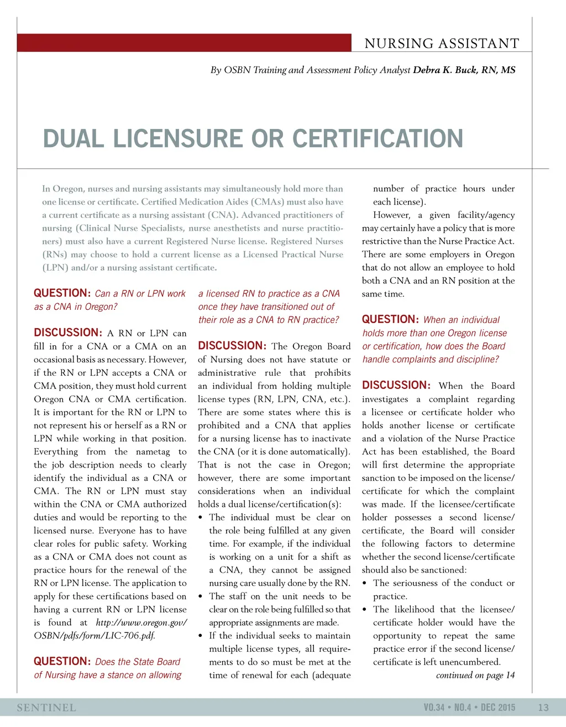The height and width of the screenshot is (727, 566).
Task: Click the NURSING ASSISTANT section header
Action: [442, 44]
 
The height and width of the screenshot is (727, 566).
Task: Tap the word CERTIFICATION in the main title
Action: [378, 138]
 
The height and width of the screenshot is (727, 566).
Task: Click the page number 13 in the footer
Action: [543, 707]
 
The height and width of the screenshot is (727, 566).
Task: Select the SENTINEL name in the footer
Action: [46, 708]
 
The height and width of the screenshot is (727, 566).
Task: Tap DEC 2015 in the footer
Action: [498, 707]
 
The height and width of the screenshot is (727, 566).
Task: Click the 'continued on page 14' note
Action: [475, 675]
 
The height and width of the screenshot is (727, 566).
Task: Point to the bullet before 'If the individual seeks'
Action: [201, 636]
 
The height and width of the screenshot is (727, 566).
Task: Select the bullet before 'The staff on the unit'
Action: [201, 596]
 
